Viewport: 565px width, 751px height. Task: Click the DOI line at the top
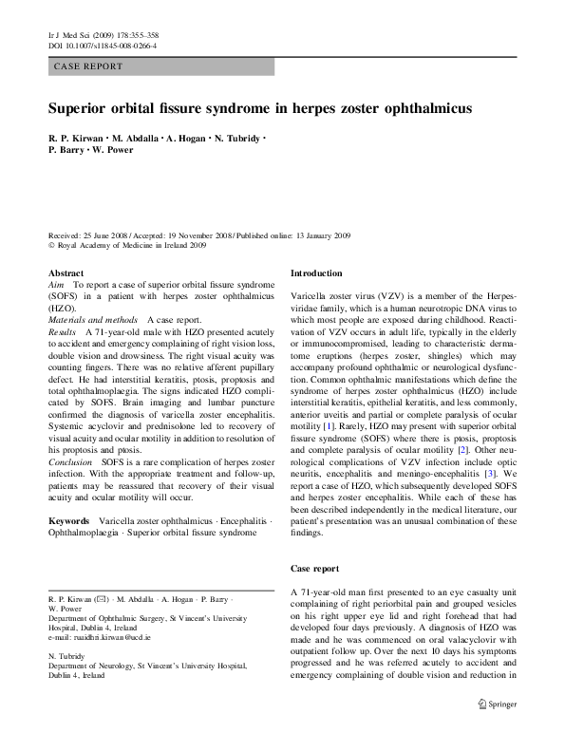click(x=102, y=45)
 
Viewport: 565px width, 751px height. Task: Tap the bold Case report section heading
click(x=314, y=568)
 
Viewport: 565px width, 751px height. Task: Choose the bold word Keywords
click(x=69, y=521)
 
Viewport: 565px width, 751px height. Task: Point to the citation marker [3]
click(x=487, y=472)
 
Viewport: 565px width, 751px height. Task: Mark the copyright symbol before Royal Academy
click(x=50, y=244)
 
